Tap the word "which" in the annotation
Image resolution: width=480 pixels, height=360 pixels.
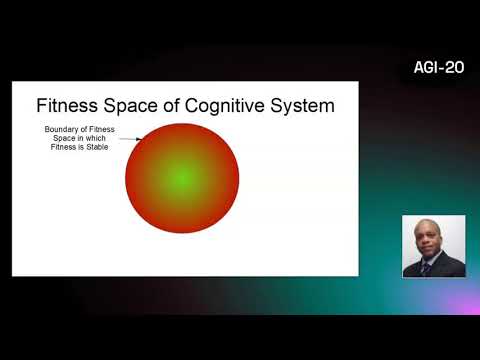coord(96,139)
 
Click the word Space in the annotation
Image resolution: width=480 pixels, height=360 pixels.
coord(65,139)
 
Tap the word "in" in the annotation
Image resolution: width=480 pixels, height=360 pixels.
coord(81,139)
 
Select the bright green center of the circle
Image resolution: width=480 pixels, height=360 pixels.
coord(181,178)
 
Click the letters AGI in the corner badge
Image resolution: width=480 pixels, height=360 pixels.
coord(426,68)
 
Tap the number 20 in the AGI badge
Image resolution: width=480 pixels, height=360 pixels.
coord(453,68)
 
